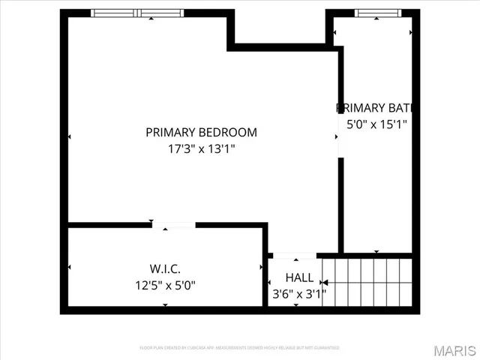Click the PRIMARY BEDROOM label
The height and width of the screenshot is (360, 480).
click(x=201, y=133)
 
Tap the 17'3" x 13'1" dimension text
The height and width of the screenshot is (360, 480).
click(x=201, y=148)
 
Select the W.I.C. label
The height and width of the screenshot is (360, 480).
click(x=165, y=268)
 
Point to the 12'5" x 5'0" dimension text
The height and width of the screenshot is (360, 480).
click(x=165, y=285)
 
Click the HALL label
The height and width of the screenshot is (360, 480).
click(x=299, y=277)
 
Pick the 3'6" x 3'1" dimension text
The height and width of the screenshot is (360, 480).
click(x=298, y=294)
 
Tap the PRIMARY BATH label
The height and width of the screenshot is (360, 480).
click(x=374, y=107)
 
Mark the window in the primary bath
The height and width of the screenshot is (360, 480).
click(x=378, y=13)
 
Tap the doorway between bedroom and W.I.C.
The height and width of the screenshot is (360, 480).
click(x=174, y=224)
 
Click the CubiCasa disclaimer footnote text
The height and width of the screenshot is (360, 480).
click(x=240, y=348)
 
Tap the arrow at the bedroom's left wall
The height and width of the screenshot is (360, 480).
click(x=70, y=137)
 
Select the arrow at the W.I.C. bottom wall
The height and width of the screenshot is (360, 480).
click(x=165, y=304)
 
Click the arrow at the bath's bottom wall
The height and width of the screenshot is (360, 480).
click(x=376, y=251)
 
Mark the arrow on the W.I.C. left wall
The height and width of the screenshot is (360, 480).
click(x=70, y=267)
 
